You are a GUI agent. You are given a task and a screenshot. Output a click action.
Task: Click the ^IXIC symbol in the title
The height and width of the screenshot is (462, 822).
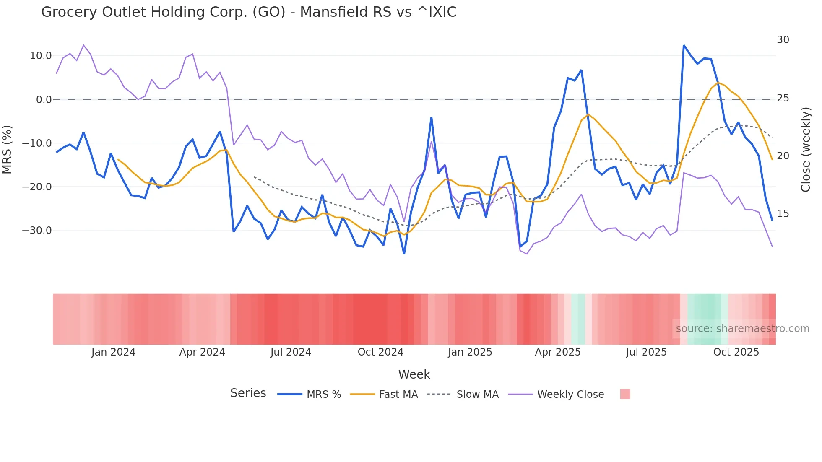(x=437, y=12)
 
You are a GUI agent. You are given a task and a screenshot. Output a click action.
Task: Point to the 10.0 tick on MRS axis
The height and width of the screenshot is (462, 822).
(x=41, y=56)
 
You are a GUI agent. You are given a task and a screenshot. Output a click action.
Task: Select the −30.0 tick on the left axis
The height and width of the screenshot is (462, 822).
(x=37, y=231)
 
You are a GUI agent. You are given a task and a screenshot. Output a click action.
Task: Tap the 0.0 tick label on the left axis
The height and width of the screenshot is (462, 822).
(x=44, y=100)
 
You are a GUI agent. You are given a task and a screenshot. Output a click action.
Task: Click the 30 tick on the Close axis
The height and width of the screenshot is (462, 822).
(x=783, y=40)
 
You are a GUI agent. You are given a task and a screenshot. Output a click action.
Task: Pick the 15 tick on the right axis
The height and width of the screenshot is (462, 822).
(x=783, y=214)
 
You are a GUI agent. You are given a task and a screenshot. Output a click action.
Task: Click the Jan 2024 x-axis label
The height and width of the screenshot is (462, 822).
(x=113, y=352)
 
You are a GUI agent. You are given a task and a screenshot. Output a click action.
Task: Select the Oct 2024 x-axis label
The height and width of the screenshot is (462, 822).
(x=380, y=352)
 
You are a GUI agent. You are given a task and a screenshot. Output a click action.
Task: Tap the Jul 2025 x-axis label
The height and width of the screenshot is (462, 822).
(x=646, y=352)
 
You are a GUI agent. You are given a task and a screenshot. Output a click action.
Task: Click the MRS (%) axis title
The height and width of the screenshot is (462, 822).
(x=7, y=149)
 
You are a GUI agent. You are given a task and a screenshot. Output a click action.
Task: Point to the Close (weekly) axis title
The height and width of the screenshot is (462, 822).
(x=806, y=149)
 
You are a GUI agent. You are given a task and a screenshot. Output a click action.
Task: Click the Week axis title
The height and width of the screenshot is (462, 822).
(x=414, y=374)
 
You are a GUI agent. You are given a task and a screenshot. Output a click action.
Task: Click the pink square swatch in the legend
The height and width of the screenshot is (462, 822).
(x=625, y=394)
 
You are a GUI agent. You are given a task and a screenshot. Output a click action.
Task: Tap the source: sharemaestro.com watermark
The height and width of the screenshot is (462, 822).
(x=742, y=329)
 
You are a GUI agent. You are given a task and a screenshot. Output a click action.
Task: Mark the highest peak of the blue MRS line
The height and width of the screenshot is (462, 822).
(x=684, y=45)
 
